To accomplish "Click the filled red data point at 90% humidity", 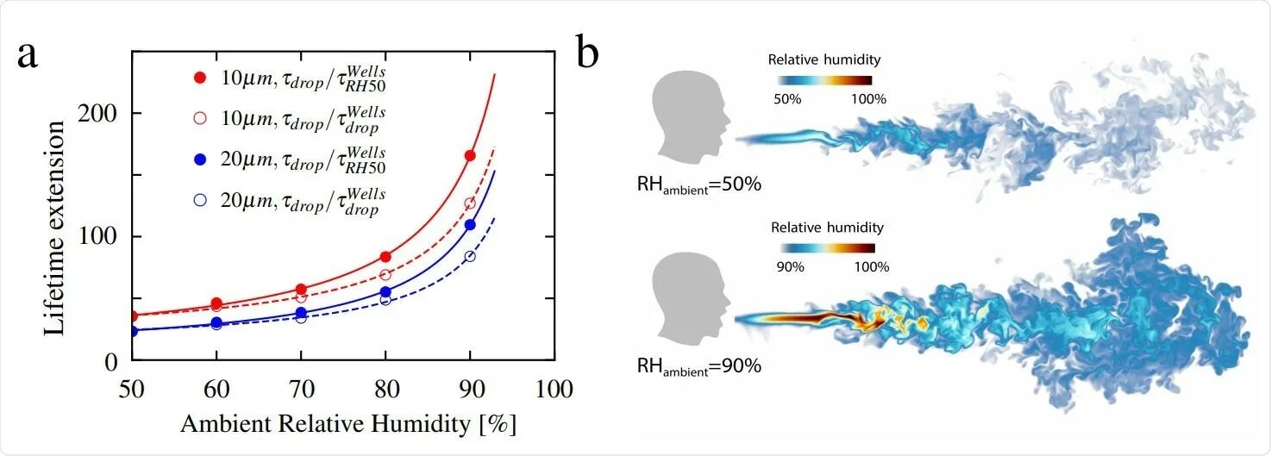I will [x=470, y=155].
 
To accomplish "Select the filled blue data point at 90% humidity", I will [x=470, y=225].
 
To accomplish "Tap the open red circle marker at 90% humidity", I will [x=470, y=203].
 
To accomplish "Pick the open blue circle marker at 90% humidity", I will [x=470, y=256].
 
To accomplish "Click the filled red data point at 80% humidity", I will [x=385, y=257].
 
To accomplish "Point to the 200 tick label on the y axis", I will [x=100, y=114].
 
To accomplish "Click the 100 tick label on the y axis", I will [x=100, y=237].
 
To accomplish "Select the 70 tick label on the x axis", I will [x=301, y=389].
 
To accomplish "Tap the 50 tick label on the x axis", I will [x=132, y=389].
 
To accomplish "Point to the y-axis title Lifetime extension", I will [x=55, y=228].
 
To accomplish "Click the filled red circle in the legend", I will [x=200, y=78].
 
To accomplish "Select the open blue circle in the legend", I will [x=200, y=200].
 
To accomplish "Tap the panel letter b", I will [x=588, y=53].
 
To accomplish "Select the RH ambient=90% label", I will [x=699, y=366].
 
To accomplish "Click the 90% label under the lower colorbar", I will [x=790, y=266].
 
